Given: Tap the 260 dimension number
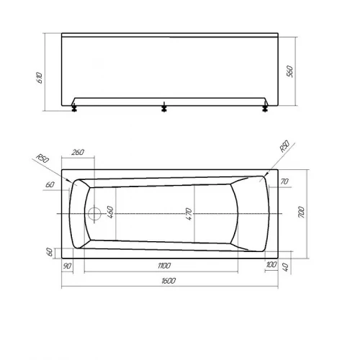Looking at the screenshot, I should (78, 153).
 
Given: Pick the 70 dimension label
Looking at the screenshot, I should (284, 183).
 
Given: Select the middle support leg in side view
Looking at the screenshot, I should (165, 109).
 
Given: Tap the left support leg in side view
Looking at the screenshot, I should (75, 109).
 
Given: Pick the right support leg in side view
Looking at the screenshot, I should (264, 109).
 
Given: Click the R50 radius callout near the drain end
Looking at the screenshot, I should (42, 160).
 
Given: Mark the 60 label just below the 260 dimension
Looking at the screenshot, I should (50, 185).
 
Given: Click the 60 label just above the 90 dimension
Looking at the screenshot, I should (50, 251).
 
